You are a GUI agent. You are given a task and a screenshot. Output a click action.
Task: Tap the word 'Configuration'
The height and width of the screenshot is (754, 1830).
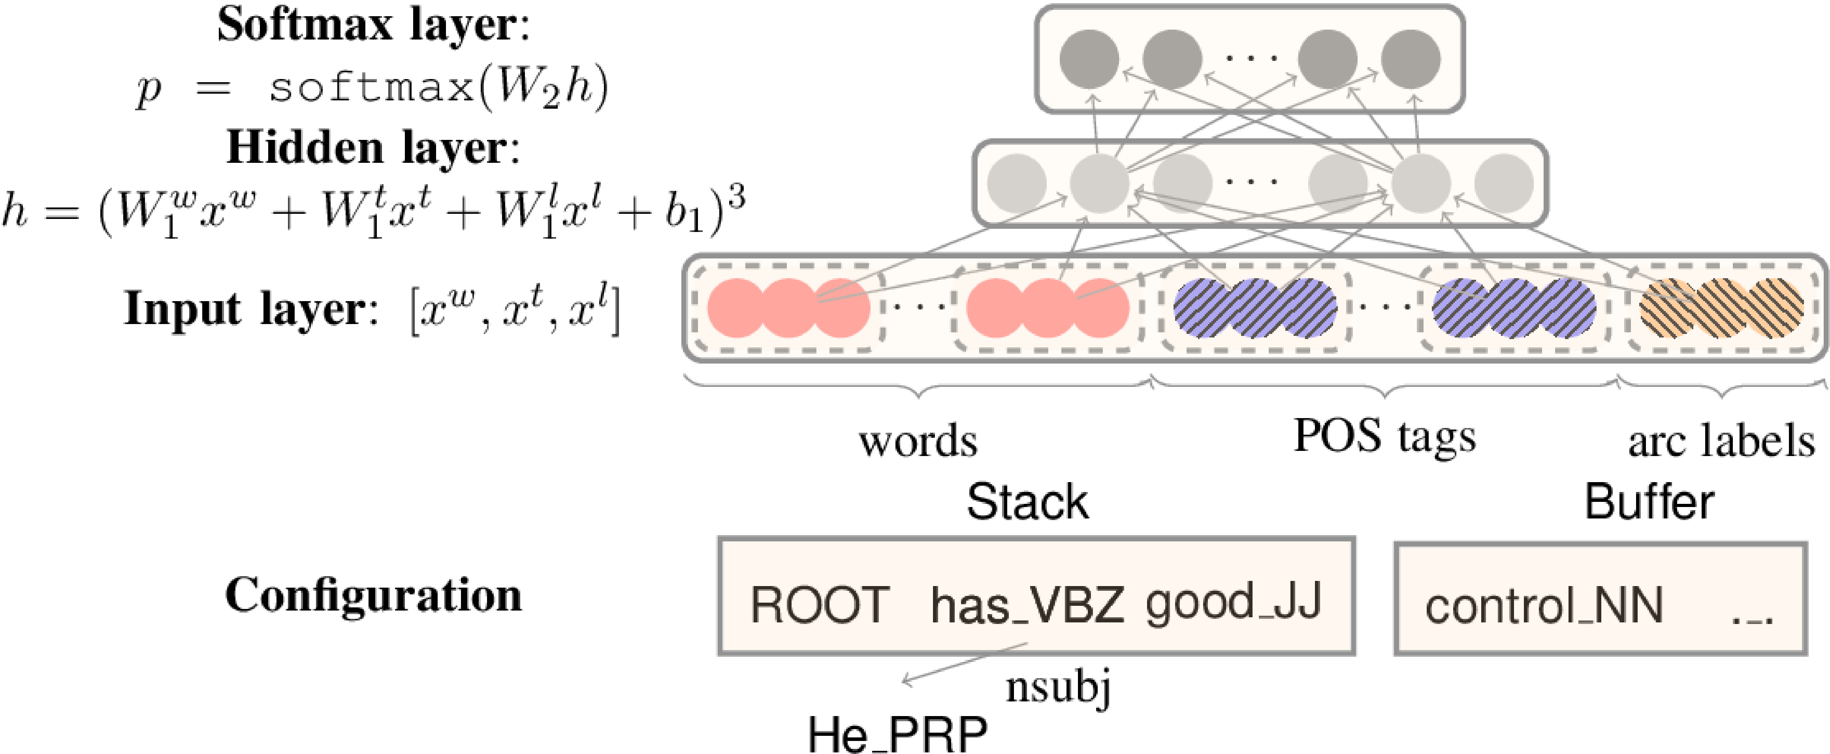(x=373, y=596)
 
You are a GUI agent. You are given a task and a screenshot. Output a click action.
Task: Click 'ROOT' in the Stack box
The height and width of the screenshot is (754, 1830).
(x=819, y=605)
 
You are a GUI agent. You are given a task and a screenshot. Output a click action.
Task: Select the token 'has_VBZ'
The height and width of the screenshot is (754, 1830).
(x=1027, y=605)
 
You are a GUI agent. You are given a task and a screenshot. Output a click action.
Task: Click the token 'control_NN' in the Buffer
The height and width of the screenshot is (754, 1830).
(x=1544, y=607)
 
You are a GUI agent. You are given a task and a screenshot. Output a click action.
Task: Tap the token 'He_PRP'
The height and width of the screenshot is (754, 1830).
(x=897, y=733)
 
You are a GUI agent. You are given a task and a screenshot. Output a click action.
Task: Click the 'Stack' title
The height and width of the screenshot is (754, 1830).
(x=1027, y=502)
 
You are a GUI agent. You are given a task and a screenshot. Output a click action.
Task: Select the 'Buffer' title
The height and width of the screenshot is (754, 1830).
(x=1649, y=502)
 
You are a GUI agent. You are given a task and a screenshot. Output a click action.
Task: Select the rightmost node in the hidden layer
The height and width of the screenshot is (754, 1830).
(x=1503, y=183)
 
